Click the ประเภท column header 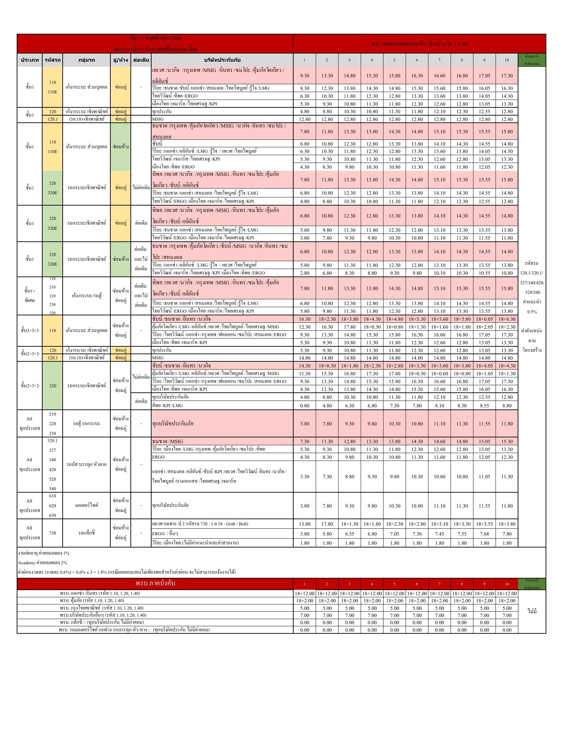tap(30, 60)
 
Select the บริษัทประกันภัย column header tap(222, 60)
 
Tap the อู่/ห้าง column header tap(121, 60)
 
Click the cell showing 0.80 tap(304, 406)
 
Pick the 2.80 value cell tap(304, 273)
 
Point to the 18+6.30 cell tap(507, 319)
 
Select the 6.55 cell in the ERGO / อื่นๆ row tap(349, 534)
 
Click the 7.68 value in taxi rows tap(484, 534)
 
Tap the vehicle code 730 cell tap(52, 533)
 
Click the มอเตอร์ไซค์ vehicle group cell tap(87, 505)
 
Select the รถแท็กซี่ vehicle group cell tap(87, 533)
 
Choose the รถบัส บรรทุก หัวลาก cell tap(87, 464)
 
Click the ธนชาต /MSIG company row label tap(168, 441)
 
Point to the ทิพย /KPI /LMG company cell tap(168, 406)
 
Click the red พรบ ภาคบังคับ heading tap(155, 583)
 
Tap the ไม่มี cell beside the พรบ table tap(532, 611)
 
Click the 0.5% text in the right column tap(532, 312)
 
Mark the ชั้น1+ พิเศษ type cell tap(30, 296)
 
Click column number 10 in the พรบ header tap(507, 584)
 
